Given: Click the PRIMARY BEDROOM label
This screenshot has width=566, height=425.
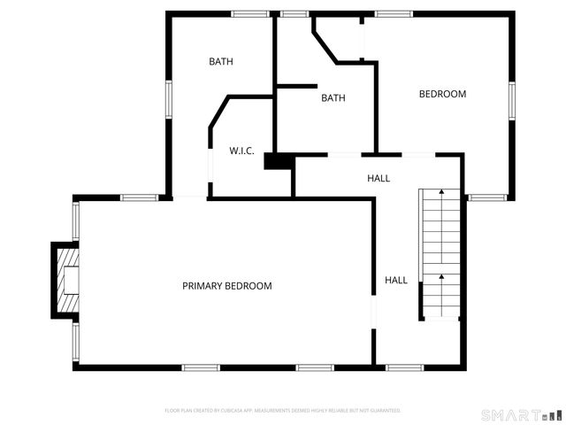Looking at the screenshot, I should click(x=226, y=286).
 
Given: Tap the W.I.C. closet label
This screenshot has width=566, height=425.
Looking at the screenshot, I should click(x=241, y=151).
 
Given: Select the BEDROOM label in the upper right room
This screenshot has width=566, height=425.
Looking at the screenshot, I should click(x=442, y=94).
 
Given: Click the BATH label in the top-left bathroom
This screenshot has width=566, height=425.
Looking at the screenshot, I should click(x=221, y=62).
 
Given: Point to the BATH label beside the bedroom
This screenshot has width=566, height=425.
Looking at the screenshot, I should click(x=333, y=98).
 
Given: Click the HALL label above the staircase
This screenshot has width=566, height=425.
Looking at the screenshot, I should click(x=379, y=179).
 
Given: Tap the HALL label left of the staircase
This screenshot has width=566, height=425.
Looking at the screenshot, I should click(x=396, y=280).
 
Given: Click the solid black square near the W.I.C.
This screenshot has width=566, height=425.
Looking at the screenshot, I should click(x=278, y=162).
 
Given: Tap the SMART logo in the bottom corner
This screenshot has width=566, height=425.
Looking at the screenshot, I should click(x=521, y=414).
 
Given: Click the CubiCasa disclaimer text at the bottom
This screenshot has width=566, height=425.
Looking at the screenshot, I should click(x=283, y=411).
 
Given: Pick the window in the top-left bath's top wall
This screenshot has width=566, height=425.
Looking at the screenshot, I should click(x=251, y=13).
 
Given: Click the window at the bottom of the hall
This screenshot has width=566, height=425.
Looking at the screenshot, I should click(x=405, y=367).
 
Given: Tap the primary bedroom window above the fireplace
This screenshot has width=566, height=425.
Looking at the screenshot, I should click(x=76, y=220).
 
